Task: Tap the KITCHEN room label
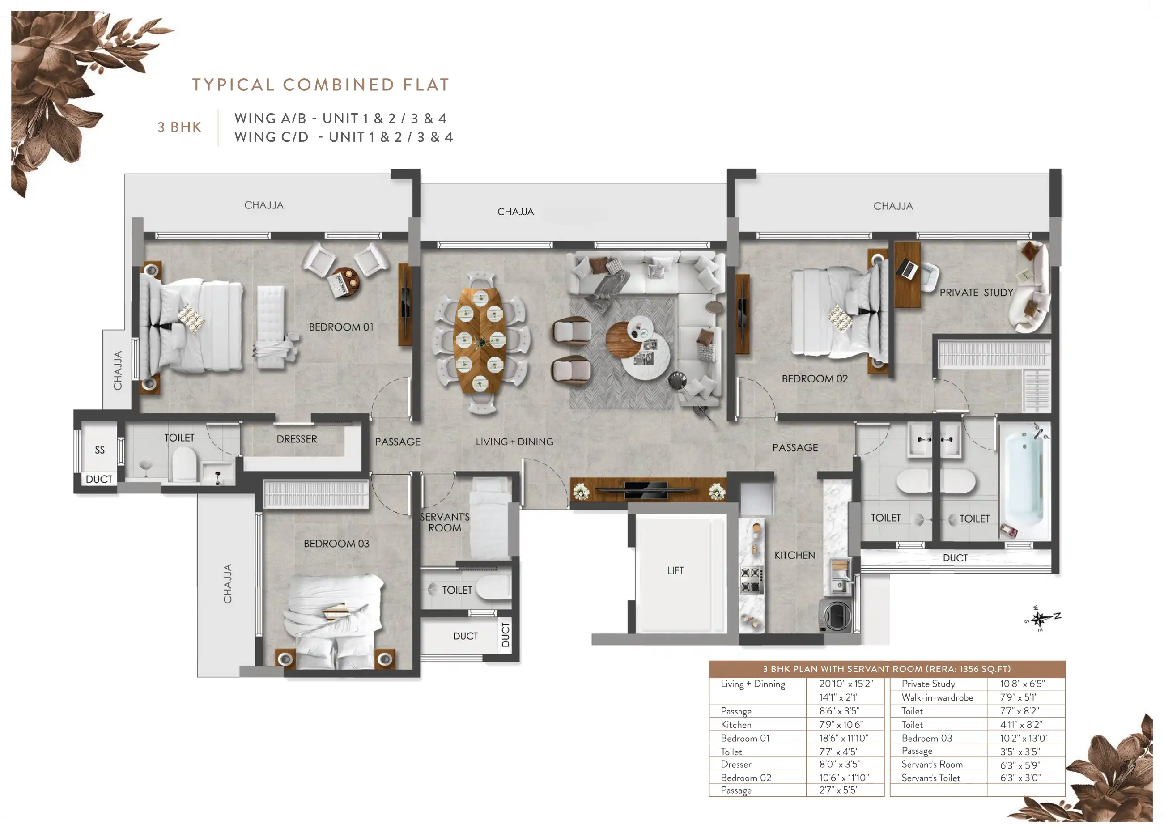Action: click(794, 555)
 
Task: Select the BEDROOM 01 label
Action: click(341, 327)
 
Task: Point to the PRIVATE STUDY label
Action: click(976, 293)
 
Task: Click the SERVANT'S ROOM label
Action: click(445, 522)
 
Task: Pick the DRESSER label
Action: click(297, 439)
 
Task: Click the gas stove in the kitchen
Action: click(751, 580)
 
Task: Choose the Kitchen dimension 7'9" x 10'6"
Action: click(841, 724)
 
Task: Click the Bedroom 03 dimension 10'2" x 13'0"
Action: click(1024, 738)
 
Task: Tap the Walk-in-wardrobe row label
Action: click(937, 697)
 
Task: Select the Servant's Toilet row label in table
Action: click(930, 778)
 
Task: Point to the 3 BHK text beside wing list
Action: click(179, 127)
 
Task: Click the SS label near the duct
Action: click(99, 450)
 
